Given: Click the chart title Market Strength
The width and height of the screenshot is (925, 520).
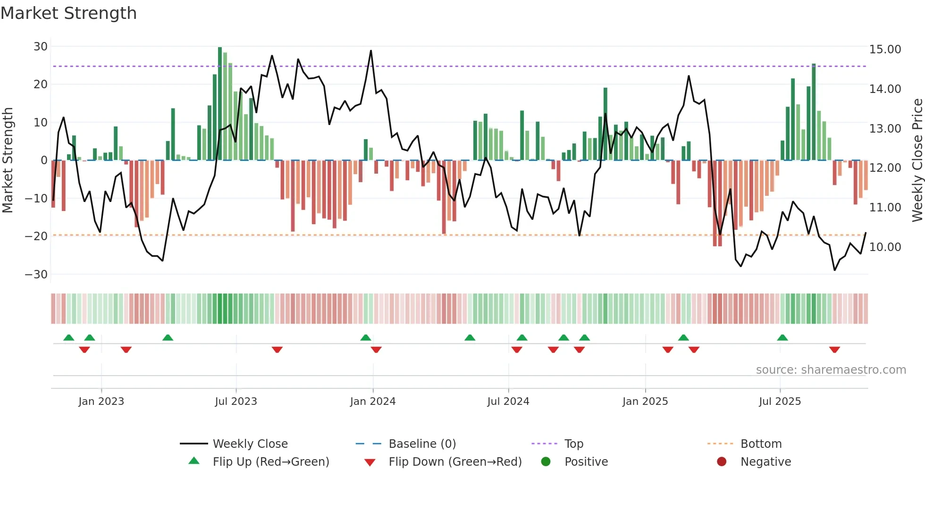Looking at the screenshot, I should tap(68, 13).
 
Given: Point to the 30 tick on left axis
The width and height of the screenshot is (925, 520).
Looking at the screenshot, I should tap(41, 47).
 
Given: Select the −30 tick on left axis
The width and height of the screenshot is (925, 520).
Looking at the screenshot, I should tap(36, 274).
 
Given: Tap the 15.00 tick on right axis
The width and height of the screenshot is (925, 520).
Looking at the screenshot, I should tap(885, 49).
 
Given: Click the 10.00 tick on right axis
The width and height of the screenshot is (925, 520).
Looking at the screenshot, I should tap(885, 247).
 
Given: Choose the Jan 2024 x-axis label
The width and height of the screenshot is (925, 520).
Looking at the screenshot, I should tap(372, 402).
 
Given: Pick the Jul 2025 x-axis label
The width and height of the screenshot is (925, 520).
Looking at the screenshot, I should tap(780, 402).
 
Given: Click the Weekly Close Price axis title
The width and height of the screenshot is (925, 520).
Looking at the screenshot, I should tap(917, 160).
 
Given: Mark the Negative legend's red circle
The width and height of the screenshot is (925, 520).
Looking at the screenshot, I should tap(722, 461).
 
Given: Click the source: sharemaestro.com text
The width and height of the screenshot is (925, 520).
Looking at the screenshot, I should tap(831, 370).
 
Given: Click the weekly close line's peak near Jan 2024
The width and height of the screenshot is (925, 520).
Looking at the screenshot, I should tap(371, 51).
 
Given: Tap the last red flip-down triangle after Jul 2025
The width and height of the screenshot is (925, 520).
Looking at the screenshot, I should tap(834, 350).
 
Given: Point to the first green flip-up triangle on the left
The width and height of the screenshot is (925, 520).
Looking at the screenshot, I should tap(69, 337).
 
